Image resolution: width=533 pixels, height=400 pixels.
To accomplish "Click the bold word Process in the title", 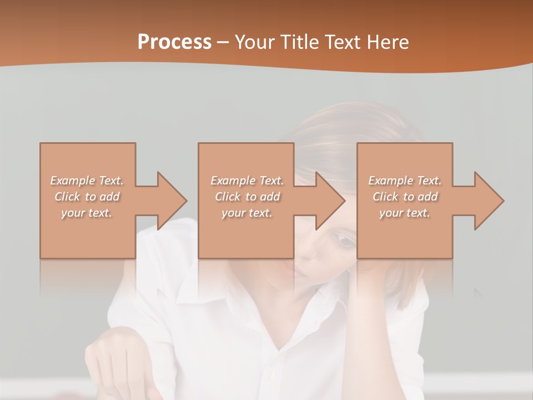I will (174, 42).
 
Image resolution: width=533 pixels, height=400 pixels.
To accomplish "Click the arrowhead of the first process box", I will (172, 201).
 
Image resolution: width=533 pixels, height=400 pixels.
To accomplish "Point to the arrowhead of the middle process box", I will (330, 201).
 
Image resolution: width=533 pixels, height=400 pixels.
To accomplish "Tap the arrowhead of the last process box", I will (489, 201).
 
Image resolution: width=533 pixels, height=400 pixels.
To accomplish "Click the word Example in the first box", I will (73, 181).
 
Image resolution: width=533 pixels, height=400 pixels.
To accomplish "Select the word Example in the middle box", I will (233, 181).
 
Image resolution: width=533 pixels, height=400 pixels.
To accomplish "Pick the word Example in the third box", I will (390, 181).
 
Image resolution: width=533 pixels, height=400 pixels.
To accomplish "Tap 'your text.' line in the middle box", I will (247, 213).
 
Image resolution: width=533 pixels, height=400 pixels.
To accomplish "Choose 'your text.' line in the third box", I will (404, 213).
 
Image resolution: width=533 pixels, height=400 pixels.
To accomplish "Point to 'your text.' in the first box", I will (86, 213).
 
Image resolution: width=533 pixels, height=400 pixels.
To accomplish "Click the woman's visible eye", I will (345, 241).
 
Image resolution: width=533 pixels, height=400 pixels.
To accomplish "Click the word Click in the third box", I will (385, 197).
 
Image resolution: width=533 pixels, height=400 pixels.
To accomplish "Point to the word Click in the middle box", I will (228, 197).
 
